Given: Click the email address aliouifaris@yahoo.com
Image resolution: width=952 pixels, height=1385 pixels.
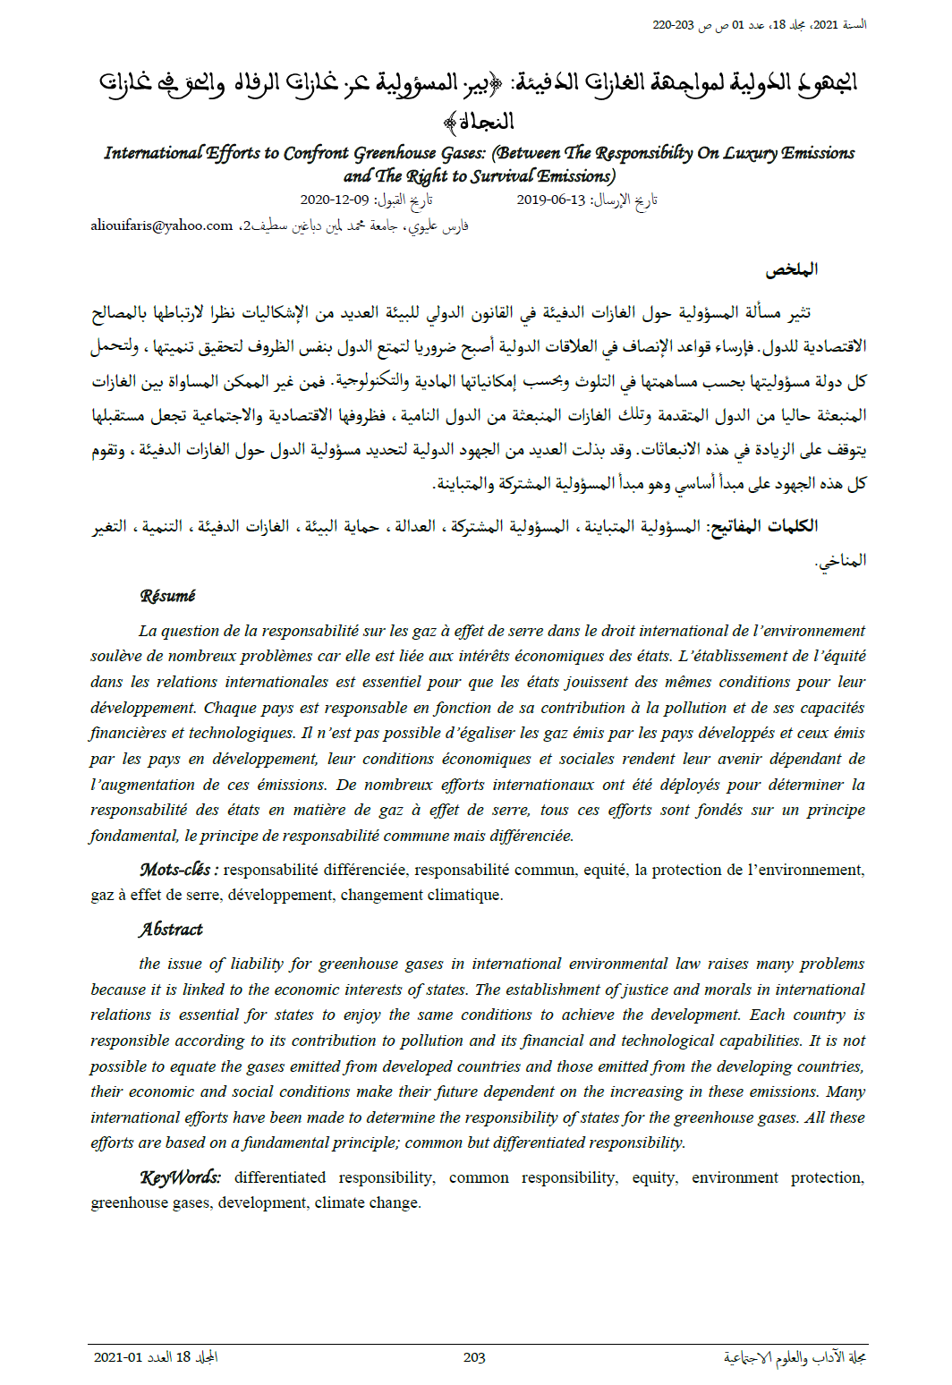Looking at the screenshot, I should pos(161,225).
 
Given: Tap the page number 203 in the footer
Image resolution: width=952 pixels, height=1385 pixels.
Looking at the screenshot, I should pos(474,1357).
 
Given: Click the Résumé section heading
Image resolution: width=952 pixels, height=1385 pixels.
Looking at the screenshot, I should pos(167,596).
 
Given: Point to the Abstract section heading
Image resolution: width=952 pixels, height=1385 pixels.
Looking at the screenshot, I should pos(171,930).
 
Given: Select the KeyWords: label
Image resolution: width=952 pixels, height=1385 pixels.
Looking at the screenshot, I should pos(180,1177).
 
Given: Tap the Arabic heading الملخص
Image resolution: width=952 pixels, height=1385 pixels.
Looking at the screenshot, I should pos(792,269).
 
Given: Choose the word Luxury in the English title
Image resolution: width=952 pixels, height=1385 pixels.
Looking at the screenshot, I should pos(750,153).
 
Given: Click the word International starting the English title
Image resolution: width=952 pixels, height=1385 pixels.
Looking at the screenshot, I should pos(153,153).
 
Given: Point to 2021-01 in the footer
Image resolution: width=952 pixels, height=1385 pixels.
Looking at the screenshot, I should pos(118,1357).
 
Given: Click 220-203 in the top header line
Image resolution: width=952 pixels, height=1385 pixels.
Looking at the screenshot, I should pos(673,25).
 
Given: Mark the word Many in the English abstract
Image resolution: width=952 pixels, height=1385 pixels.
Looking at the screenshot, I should pos(846,1092).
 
